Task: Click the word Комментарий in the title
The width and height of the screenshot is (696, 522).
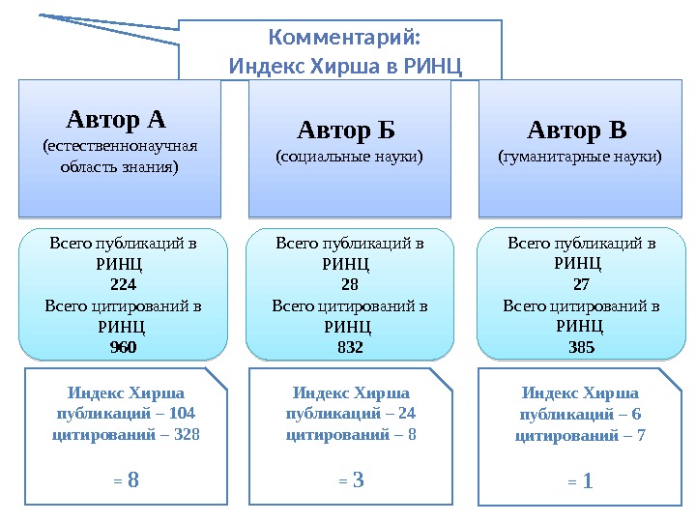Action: pyautogui.click(x=343, y=39)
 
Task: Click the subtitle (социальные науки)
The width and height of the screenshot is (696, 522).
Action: pyautogui.click(x=350, y=155)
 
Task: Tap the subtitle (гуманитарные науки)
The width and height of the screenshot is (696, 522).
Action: pyautogui.click(x=580, y=155)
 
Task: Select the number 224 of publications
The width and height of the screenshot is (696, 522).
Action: pyautogui.click(x=123, y=285)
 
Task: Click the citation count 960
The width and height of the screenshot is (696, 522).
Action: pyautogui.click(x=123, y=346)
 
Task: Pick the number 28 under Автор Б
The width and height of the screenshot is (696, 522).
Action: pyautogui.click(x=350, y=285)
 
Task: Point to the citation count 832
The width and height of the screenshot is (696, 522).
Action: pyautogui.click(x=350, y=346)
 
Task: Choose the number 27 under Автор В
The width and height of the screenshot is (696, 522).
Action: pyautogui.click(x=581, y=285)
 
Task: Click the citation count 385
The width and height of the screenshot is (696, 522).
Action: pyautogui.click(x=581, y=346)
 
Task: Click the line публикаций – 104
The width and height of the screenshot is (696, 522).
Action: pyautogui.click(x=127, y=414)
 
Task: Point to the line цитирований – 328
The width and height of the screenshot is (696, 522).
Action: pyautogui.click(x=127, y=435)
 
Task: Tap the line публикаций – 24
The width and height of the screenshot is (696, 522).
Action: pyautogui.click(x=351, y=414)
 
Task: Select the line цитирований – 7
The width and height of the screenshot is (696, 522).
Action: pyautogui.click(x=580, y=435)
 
